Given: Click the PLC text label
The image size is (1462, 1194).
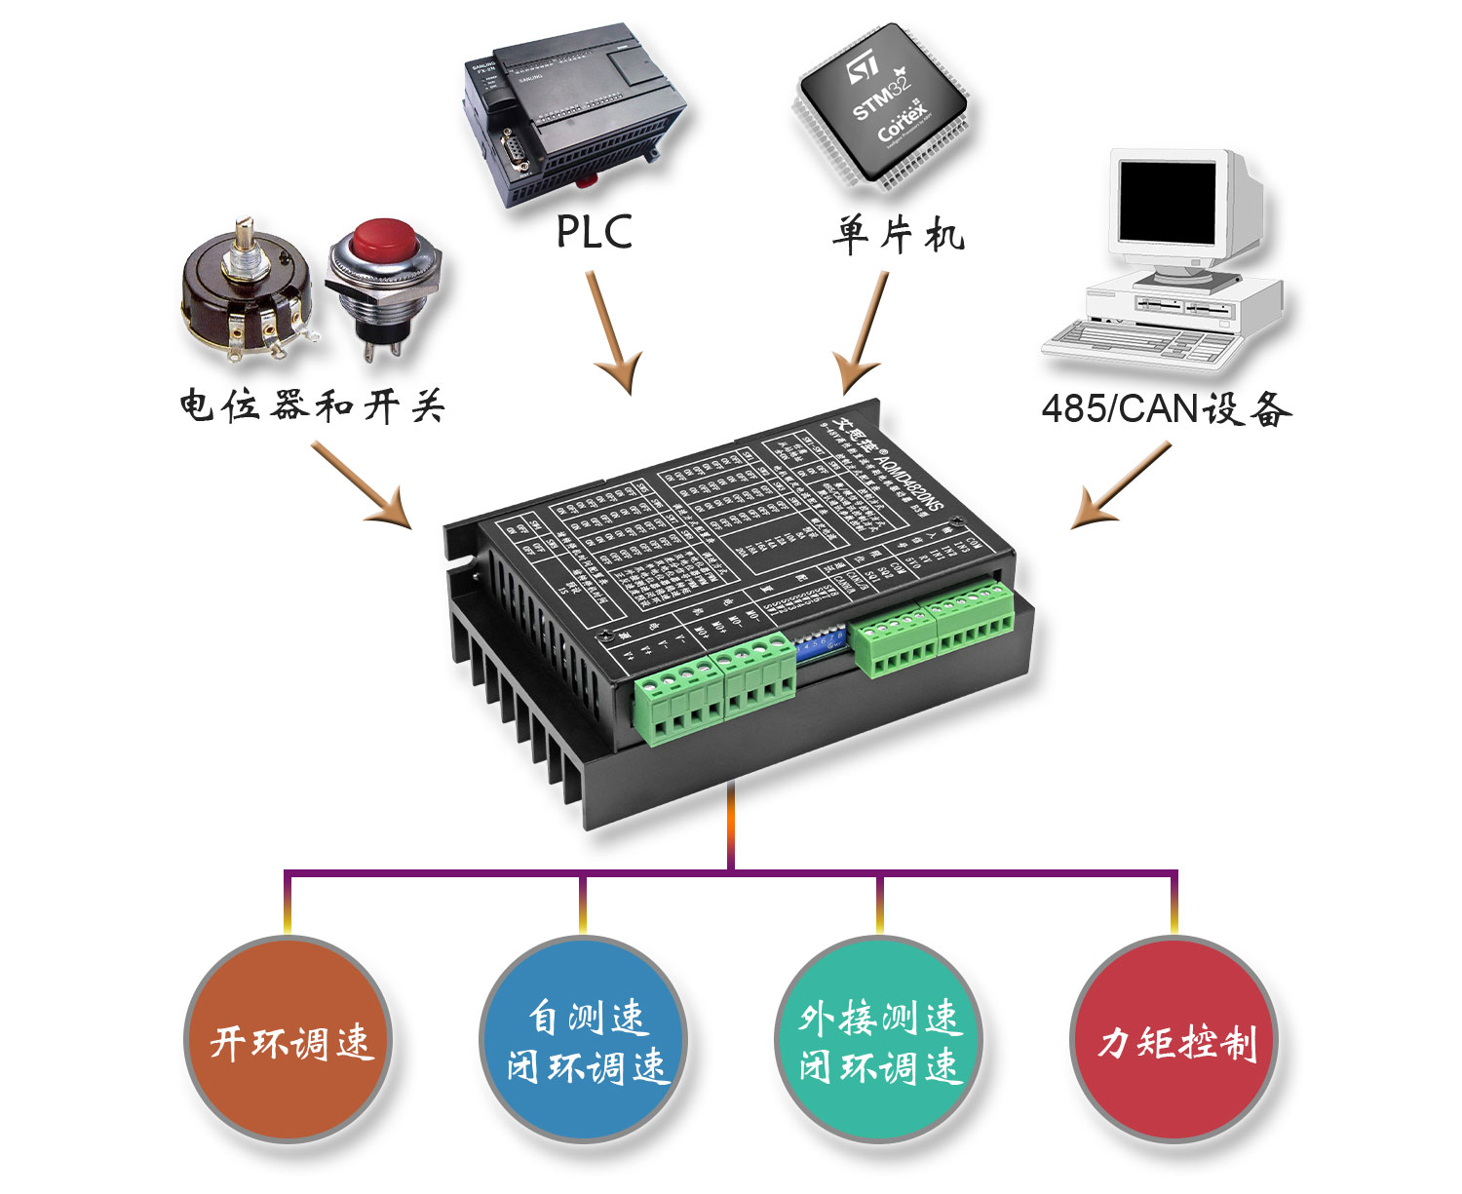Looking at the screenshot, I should pyautogui.click(x=594, y=232).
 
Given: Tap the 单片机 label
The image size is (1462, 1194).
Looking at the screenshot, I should pyautogui.click(x=898, y=235).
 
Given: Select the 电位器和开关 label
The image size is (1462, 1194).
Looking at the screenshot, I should pyautogui.click(x=312, y=405).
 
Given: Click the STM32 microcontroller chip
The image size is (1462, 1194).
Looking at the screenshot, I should pyautogui.click(x=882, y=107).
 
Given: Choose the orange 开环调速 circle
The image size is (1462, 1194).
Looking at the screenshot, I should pyautogui.click(x=289, y=1039).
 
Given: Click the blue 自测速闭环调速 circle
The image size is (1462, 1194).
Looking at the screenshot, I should pyautogui.click(x=584, y=1039).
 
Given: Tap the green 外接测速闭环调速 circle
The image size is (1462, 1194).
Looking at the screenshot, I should pyautogui.click(x=879, y=1039).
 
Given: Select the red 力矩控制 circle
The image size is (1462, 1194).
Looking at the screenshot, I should pyautogui.click(x=1174, y=1039).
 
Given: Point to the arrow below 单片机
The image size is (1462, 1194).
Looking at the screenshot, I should pyautogui.click(x=864, y=331).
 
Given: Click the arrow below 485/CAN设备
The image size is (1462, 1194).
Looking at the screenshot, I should pyautogui.click(x=1121, y=486).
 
